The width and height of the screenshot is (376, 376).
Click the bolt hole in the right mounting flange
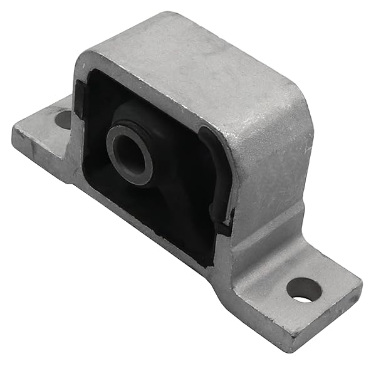tap(304, 289)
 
